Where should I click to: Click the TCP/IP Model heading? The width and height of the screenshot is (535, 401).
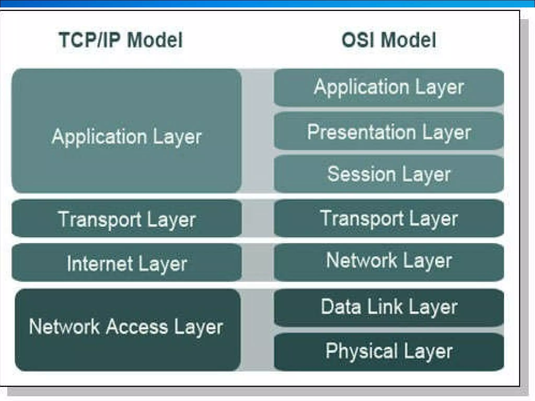tap(120, 40)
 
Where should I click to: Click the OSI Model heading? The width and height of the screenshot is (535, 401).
tap(389, 40)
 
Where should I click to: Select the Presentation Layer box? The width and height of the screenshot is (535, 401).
tap(389, 131)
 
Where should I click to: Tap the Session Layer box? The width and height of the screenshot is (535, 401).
tap(389, 174)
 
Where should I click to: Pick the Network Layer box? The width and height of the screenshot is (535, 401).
tap(389, 262)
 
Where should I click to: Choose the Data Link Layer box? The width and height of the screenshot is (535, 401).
tap(389, 307)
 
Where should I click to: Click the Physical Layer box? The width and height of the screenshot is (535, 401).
tap(389, 351)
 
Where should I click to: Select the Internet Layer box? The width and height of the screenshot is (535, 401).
tap(127, 263)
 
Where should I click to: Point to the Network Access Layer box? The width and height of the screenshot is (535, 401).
tap(127, 329)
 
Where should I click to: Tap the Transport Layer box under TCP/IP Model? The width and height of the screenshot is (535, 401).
tap(127, 219)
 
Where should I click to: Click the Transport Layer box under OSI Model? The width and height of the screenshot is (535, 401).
tap(389, 218)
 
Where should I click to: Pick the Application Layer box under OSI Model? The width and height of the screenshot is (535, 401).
tap(389, 87)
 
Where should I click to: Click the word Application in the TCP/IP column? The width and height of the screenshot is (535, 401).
tap(99, 137)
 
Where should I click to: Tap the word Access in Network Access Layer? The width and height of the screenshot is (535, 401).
tap(137, 327)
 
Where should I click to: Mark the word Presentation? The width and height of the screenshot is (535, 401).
tap(362, 132)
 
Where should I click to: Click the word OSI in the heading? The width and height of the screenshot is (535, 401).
tap(358, 40)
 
